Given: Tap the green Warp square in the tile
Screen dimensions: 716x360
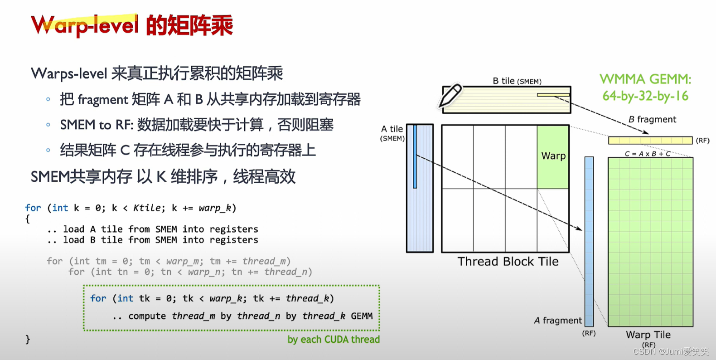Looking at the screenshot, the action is click(x=553, y=157).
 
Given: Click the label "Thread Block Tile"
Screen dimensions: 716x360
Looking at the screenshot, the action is click(x=508, y=262).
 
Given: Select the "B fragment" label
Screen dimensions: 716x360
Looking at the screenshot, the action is click(x=652, y=119).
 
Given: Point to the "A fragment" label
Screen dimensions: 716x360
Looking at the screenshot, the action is click(x=558, y=321).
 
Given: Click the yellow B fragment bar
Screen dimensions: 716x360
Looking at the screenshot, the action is click(x=650, y=141).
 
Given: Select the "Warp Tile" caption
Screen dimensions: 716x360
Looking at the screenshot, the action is click(x=648, y=335).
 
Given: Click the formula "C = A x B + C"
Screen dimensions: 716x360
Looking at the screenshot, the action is click(x=648, y=154).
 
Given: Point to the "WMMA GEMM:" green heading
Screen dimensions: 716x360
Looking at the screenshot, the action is click(x=645, y=79).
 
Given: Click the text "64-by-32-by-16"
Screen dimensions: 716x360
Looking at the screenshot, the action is click(x=645, y=96).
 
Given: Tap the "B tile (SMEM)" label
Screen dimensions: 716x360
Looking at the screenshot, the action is click(x=517, y=81).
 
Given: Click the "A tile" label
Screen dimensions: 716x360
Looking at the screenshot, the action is click(x=392, y=129).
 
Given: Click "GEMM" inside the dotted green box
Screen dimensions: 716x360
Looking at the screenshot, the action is click(x=362, y=316).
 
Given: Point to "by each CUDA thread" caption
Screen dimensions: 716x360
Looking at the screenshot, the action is click(x=334, y=340).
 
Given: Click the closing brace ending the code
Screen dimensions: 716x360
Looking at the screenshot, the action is click(x=28, y=339).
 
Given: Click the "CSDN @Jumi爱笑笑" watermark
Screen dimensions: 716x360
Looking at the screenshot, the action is click(x=671, y=351).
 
